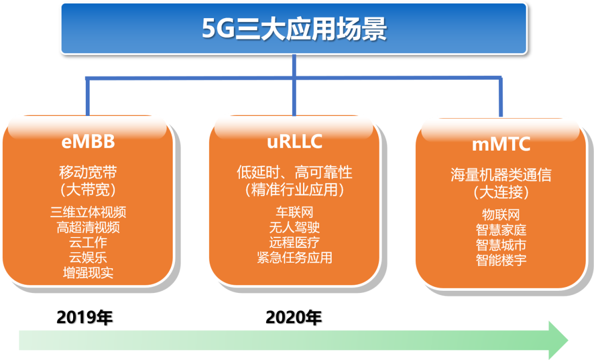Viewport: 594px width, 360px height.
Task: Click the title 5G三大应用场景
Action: pos(294,29)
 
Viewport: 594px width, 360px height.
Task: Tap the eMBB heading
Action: pos(88,141)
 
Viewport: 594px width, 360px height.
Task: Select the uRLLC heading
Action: pos(294,141)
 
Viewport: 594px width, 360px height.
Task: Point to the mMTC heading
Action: pos(501,145)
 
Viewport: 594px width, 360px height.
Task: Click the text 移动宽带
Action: pos(88,172)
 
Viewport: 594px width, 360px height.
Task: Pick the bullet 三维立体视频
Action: pos(88,212)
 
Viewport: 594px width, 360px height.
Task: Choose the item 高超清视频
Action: pos(88,227)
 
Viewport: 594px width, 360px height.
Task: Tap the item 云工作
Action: pos(88,242)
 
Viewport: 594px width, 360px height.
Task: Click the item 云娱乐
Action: pos(88,257)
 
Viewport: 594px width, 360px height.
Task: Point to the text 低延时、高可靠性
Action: pos(294,172)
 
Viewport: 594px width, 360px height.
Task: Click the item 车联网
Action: pos(294,212)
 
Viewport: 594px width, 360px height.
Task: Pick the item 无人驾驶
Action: pos(294,227)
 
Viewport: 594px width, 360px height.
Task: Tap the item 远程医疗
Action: pos(294,242)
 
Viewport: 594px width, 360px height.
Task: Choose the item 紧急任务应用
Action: pos(294,257)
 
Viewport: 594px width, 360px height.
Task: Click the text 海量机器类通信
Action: pos(501,175)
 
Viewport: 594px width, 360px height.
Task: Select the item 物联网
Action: pos(501,214)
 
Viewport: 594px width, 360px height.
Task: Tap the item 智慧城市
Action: pos(501,245)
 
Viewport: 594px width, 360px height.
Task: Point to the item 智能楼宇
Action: pos(501,259)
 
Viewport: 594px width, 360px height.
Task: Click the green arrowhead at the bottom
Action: pos(558,340)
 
